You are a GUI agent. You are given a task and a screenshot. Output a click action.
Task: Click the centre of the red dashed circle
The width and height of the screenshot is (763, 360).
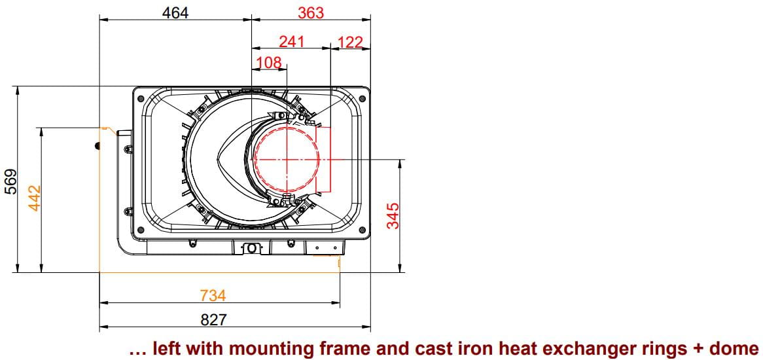tap(287, 160)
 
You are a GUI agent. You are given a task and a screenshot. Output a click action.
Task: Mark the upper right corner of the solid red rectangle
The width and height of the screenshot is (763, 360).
tap(331, 127)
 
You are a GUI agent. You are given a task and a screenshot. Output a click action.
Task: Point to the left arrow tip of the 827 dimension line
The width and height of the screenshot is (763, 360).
tap(99, 327)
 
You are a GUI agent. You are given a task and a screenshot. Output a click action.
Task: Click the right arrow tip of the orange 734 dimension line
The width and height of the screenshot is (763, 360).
tap(340, 302)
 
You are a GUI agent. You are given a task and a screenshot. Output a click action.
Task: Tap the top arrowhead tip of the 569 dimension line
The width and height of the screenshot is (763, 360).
tap(17, 87)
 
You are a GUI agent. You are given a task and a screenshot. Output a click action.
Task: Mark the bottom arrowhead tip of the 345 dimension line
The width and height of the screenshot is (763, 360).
tap(400, 272)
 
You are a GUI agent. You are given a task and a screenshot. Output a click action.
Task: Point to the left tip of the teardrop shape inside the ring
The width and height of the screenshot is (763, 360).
tap(215, 159)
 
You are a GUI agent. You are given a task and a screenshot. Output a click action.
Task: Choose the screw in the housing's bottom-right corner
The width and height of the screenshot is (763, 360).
tap(362, 230)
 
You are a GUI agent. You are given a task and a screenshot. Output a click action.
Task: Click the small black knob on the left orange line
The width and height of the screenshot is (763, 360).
tap(98, 145)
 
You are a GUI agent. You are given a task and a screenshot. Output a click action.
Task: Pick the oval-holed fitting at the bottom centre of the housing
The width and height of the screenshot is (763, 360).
tap(251, 249)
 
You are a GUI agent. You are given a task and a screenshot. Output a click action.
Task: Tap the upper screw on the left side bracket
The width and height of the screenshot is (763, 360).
tap(128, 149)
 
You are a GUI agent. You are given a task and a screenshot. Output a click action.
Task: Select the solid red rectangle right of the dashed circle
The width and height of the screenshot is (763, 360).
tap(324, 160)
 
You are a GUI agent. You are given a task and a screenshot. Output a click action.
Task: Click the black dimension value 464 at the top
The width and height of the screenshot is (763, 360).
tap(175, 12)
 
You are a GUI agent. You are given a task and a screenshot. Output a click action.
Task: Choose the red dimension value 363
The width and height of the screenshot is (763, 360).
tap(310, 12)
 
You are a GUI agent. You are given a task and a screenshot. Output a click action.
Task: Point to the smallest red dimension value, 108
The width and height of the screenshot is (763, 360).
tap(269, 62)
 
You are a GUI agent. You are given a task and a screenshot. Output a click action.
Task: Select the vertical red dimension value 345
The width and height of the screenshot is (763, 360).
tap(393, 215)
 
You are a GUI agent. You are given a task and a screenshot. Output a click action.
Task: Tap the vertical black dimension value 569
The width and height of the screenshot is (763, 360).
tap(10, 181)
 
